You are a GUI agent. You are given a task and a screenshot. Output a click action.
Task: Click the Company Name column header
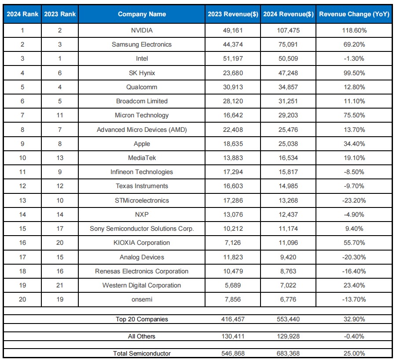[x=142, y=14]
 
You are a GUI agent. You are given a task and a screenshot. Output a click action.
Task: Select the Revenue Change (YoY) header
[x=354, y=14]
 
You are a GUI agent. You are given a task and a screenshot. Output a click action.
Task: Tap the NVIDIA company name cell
[x=142, y=30]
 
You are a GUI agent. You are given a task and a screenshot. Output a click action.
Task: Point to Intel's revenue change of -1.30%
[x=354, y=58]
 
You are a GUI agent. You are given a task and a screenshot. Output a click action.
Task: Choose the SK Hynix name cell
[x=142, y=73]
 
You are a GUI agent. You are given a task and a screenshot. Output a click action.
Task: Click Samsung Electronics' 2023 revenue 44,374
[x=233, y=44]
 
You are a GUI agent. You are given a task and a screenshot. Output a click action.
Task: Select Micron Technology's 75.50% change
[x=354, y=115]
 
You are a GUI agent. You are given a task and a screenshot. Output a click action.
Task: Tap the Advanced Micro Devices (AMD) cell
[x=142, y=130]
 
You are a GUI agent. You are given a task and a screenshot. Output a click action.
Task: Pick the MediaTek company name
[x=142, y=158]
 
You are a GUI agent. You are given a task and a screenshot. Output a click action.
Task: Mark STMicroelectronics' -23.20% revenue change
[x=354, y=200]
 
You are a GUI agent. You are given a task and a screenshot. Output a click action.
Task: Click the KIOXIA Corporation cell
[x=142, y=243]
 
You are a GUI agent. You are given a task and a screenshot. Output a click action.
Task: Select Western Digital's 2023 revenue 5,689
[x=233, y=285]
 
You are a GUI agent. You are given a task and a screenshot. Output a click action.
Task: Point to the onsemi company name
[x=142, y=299]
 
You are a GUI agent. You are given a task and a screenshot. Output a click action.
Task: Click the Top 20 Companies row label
[x=142, y=319]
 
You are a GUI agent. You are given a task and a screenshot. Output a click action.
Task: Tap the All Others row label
[x=142, y=336]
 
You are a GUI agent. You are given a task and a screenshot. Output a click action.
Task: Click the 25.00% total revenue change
[x=354, y=353]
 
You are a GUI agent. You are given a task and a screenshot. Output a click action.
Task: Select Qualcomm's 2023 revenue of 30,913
[x=233, y=87]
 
